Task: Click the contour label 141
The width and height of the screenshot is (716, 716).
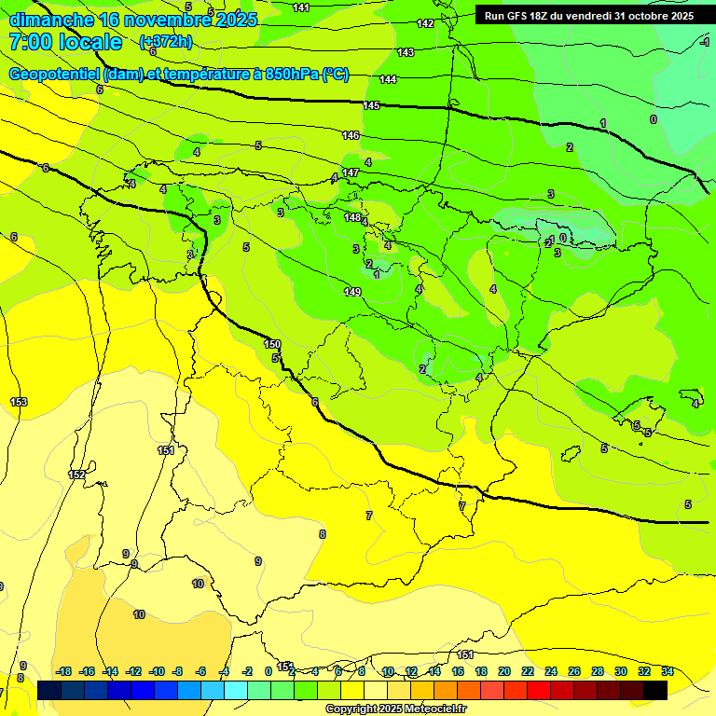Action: [301, 7]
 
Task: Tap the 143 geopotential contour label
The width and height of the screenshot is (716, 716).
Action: [406, 53]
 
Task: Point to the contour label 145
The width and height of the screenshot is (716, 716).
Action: [371, 106]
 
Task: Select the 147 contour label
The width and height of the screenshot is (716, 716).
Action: [351, 173]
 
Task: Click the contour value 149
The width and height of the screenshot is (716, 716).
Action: [352, 293]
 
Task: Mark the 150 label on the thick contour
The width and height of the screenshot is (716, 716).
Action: [272, 345]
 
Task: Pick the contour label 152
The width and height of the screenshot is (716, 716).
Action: [76, 475]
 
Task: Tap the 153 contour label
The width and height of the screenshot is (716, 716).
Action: [19, 402]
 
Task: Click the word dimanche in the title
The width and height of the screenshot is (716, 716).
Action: [51, 19]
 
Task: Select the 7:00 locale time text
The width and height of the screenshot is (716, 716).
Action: [65, 42]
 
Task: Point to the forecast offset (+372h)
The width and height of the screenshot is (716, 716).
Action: [165, 42]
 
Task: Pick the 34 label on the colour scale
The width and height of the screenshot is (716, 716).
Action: [668, 671]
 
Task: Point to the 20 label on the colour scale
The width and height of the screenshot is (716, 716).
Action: [504, 671]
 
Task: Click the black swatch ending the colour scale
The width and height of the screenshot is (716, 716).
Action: [655, 690]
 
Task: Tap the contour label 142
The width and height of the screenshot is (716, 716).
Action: [425, 23]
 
